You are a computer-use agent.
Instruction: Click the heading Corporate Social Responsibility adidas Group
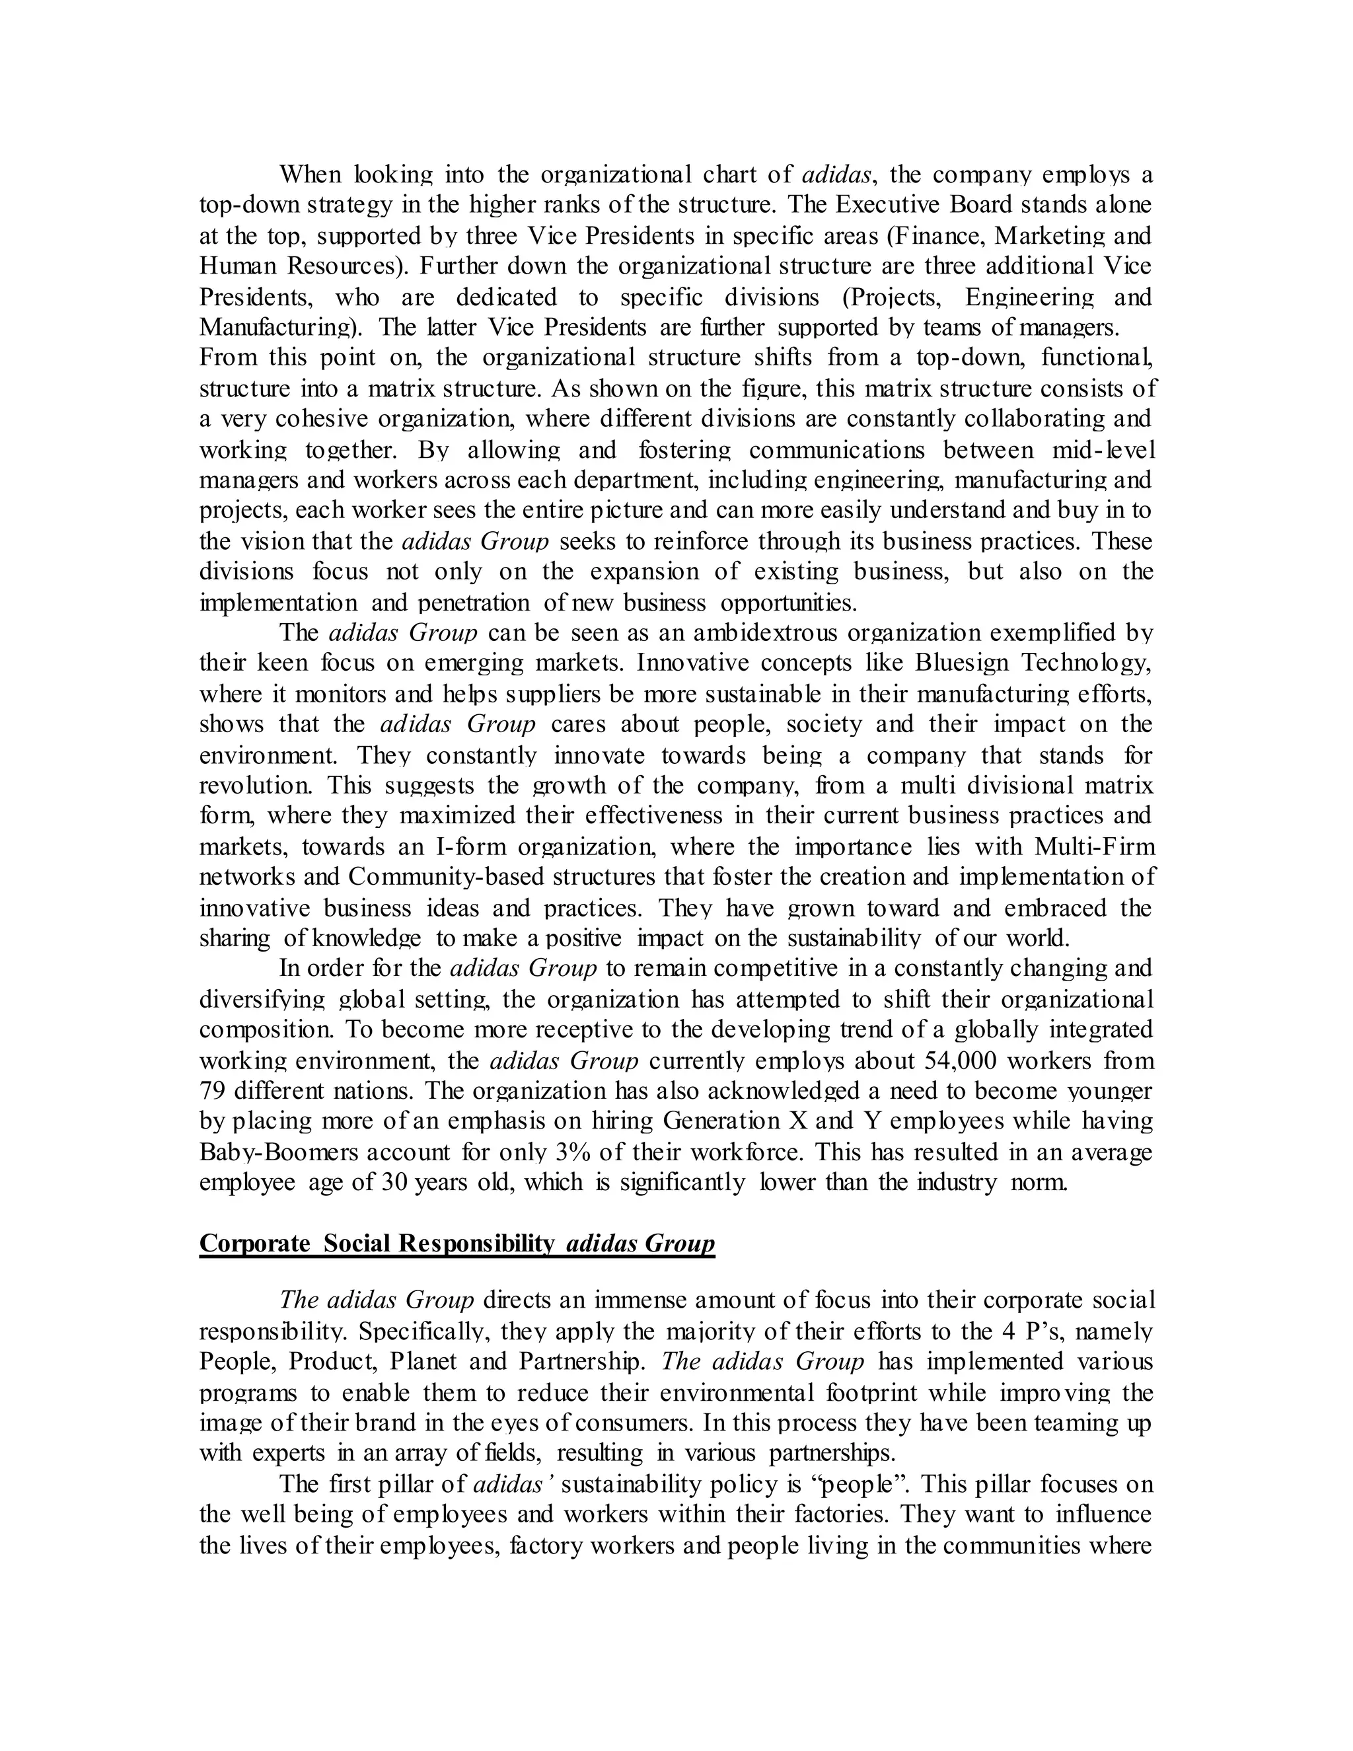pos(457,1244)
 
